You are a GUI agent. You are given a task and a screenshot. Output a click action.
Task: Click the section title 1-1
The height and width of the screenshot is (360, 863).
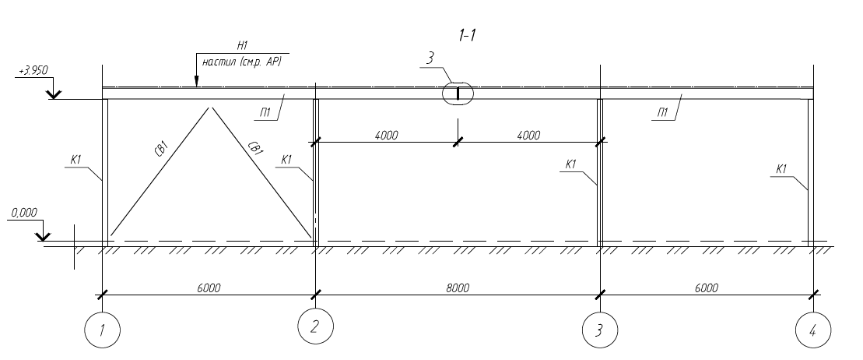click(x=467, y=35)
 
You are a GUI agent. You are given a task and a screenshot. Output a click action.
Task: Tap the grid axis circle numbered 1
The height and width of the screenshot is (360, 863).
click(x=103, y=330)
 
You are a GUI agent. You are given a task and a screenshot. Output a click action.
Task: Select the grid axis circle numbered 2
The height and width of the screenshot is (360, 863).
click(x=315, y=326)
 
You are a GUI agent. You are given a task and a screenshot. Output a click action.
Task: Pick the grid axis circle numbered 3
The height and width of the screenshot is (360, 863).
click(x=600, y=330)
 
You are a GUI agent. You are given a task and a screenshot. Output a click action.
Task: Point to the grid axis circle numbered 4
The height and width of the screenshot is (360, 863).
click(x=813, y=330)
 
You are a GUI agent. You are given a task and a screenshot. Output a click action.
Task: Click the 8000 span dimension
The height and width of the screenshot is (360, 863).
click(x=458, y=288)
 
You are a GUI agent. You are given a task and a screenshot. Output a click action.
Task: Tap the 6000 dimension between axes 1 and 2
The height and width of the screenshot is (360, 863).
click(x=208, y=288)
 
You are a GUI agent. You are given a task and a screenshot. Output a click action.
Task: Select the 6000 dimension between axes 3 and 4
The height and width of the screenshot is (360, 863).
click(x=706, y=288)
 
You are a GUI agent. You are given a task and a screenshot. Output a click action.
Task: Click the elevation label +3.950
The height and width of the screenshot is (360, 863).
click(x=33, y=71)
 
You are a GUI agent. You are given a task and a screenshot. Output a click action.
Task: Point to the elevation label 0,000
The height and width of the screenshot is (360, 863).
click(x=23, y=213)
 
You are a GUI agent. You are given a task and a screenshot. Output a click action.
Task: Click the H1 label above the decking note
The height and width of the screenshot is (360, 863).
click(x=242, y=47)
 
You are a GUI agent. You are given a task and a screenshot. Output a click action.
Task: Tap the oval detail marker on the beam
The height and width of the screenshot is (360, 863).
click(x=458, y=94)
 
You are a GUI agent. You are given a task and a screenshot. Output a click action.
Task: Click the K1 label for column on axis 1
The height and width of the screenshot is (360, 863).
click(x=76, y=160)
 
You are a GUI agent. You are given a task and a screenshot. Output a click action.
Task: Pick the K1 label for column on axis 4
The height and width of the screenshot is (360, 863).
click(x=781, y=169)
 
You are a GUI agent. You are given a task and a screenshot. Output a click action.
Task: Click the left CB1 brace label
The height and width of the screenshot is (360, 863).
click(x=161, y=150)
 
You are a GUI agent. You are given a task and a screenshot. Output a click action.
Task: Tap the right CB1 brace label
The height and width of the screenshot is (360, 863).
click(x=254, y=150)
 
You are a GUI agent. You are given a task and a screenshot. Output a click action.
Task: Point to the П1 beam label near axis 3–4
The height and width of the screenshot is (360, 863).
click(x=663, y=113)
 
